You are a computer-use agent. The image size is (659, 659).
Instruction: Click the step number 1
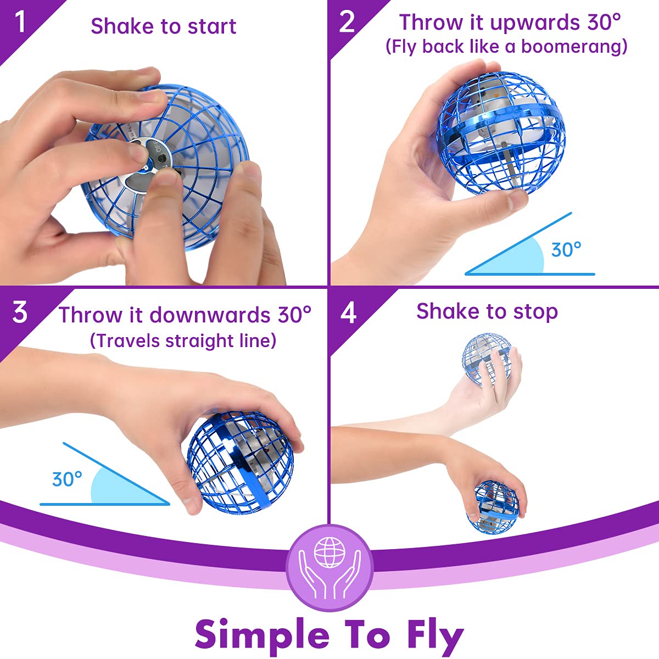click(x=20, y=22)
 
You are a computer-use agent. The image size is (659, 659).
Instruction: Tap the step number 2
click(x=347, y=23)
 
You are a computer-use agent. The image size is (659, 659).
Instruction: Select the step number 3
click(x=20, y=312)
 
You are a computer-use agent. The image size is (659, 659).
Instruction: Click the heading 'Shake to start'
click(x=163, y=26)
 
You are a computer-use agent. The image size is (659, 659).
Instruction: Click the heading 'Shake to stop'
click(x=487, y=311)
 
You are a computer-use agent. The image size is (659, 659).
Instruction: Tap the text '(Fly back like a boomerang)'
click(x=506, y=47)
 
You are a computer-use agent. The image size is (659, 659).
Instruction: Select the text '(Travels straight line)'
click(x=183, y=340)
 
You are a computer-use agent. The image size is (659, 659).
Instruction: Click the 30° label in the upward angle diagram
click(x=566, y=250)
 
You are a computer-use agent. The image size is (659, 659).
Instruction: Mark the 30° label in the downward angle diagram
click(x=67, y=479)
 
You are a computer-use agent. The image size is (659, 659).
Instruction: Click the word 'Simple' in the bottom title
click(x=261, y=634)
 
